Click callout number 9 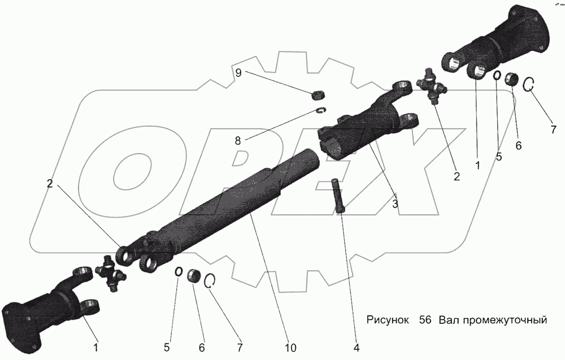(238, 72)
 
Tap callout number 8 (238, 140)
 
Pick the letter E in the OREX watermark (305, 170)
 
